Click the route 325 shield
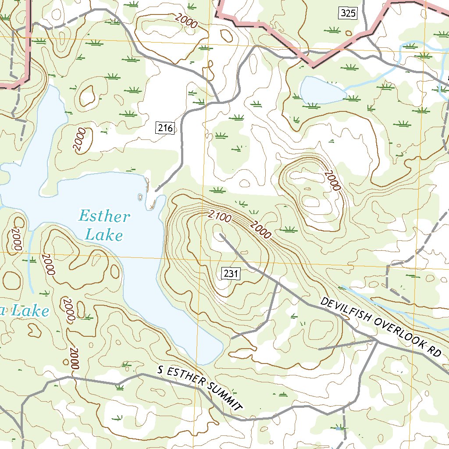[x=348, y=13]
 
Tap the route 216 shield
[x=165, y=128]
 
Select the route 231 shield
[x=231, y=274]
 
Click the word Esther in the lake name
[x=104, y=217]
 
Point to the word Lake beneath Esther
[x=104, y=235]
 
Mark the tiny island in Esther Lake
[x=140, y=197]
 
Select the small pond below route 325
[x=321, y=91]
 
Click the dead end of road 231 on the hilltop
[x=220, y=235]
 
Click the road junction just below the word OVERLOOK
[x=375, y=339]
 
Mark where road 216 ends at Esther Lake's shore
[x=157, y=191]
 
